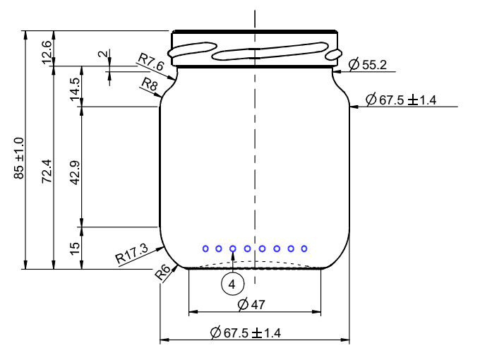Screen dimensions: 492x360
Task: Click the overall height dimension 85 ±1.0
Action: [19, 158]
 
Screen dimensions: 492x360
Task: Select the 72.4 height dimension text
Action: [47, 171]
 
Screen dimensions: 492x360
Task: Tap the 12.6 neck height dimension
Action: [47, 52]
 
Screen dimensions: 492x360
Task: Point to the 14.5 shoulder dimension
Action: [76, 90]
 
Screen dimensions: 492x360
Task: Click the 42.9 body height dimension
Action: [76, 173]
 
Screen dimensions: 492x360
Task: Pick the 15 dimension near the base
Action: [76, 248]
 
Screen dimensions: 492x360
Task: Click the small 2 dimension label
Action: [103, 54]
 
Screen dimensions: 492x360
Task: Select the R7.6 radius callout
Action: [151, 61]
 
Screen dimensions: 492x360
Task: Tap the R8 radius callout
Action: [150, 84]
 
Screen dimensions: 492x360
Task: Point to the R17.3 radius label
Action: [132, 254]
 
